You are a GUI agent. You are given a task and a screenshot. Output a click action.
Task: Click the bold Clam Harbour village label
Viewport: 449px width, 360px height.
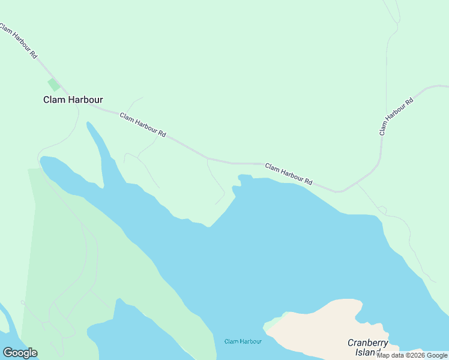click(73, 100)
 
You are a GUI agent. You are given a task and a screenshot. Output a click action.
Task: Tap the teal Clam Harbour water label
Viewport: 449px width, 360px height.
click(243, 341)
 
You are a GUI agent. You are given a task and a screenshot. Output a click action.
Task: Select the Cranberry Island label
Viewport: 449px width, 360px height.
click(368, 347)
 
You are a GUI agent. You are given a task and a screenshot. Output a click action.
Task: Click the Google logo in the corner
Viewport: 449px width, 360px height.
click(20, 352)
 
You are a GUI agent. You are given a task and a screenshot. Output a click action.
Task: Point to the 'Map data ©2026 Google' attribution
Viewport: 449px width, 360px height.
click(412, 355)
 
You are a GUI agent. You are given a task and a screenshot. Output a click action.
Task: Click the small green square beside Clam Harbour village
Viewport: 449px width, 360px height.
click(54, 85)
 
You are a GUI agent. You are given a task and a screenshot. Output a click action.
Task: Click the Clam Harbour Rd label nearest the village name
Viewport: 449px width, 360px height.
click(142, 125)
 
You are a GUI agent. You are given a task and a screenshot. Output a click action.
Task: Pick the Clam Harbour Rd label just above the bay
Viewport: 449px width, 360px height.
click(289, 173)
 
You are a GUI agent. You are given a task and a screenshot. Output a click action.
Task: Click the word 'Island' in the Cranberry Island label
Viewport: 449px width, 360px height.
click(368, 352)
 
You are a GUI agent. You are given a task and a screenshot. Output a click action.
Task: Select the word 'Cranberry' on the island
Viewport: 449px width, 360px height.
click(368, 343)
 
